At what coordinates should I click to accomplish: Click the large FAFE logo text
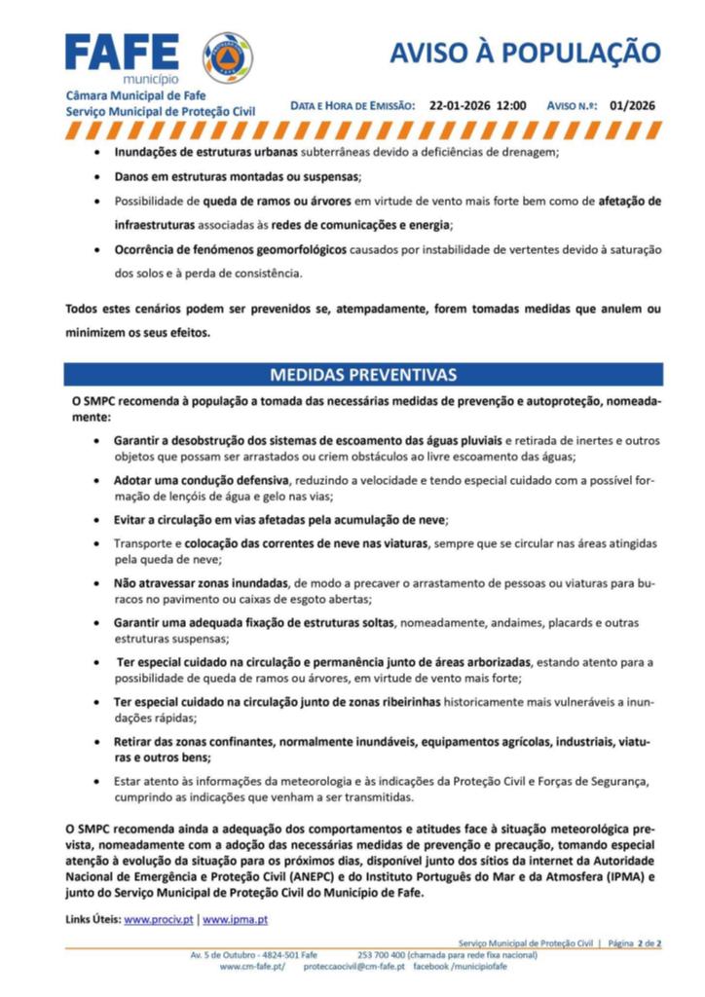122,53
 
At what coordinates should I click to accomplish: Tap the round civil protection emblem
227,56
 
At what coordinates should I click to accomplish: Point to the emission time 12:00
511,105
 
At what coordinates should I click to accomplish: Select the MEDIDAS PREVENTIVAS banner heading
363,375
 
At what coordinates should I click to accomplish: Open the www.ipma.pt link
235,918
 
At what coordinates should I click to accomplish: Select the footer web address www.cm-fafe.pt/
252,967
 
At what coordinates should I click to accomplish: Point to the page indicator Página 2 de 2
635,942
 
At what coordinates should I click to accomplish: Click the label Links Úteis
93,918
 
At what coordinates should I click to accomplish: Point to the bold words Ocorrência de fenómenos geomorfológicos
230,249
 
